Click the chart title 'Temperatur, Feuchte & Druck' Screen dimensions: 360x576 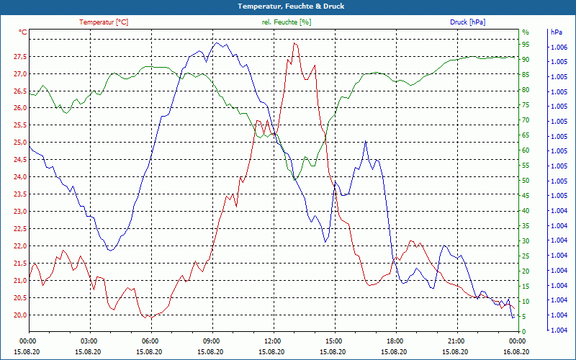click(287, 6)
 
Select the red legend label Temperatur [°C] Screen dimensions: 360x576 click(104, 22)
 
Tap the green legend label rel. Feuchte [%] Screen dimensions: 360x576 click(287, 22)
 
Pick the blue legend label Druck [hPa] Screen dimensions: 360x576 click(467, 22)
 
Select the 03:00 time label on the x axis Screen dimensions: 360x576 click(89, 341)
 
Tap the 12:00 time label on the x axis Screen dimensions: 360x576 click(273, 341)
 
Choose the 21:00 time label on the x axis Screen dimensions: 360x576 click(456, 341)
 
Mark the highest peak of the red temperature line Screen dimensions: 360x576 click(294, 43)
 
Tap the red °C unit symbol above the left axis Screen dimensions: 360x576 click(23, 32)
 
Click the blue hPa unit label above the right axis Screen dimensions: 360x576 click(557, 32)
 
